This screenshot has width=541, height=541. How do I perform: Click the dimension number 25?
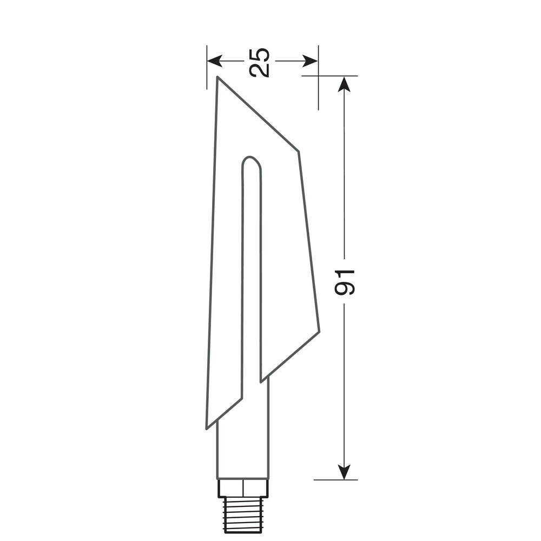coord(260,62)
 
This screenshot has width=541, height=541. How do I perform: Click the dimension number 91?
coord(345,282)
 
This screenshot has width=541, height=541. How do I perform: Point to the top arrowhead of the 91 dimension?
coord(344,84)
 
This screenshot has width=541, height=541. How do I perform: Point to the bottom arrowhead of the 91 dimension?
coord(344,472)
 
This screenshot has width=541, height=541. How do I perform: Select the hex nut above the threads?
coord(243,489)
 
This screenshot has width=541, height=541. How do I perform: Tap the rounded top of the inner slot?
coord(251,161)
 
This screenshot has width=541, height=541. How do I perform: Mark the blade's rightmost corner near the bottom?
coord(319,331)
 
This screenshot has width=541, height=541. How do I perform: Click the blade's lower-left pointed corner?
coord(207,427)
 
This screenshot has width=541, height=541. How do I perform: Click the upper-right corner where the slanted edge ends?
coord(298,151)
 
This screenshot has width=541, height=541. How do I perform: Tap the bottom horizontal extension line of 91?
coord(335,479)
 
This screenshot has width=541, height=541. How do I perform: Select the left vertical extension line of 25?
coord(207,68)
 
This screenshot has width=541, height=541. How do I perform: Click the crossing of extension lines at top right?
coord(318,76)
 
